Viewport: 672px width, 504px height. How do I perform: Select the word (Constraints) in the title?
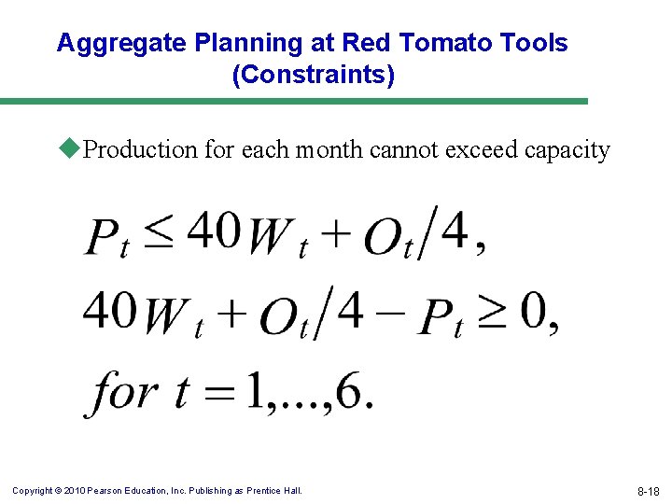click(x=313, y=75)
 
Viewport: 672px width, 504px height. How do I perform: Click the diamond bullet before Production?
click(x=73, y=148)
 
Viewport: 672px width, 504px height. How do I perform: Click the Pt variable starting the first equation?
click(x=107, y=238)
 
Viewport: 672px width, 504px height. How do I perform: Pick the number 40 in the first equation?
click(x=215, y=231)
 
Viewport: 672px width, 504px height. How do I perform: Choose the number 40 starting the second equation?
click(x=110, y=311)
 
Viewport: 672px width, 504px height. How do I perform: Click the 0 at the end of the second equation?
click(x=534, y=312)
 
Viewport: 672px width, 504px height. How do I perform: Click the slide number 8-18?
click(x=647, y=491)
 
